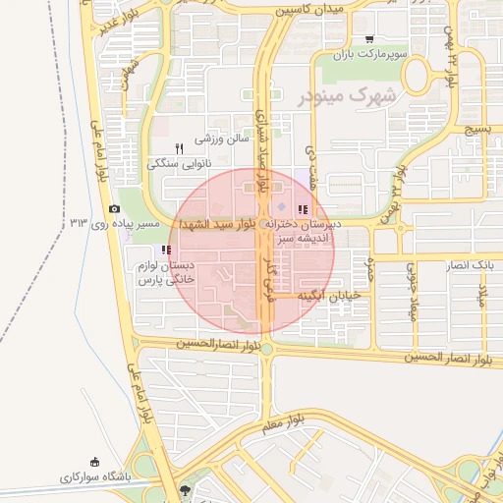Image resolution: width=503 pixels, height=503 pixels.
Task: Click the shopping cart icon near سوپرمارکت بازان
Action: click(369, 40)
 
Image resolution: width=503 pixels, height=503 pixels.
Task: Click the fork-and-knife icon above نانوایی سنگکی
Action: click(179, 148)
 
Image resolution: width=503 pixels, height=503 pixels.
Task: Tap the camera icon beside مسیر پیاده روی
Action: click(115, 209)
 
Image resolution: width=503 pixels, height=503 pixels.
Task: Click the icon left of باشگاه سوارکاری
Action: click(95, 462)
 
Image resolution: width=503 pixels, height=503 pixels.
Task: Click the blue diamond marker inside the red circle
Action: click(281, 206)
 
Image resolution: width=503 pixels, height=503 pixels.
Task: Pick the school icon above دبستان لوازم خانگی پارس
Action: click(165, 251)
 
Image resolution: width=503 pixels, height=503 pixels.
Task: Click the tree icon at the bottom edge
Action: click(186, 489)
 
